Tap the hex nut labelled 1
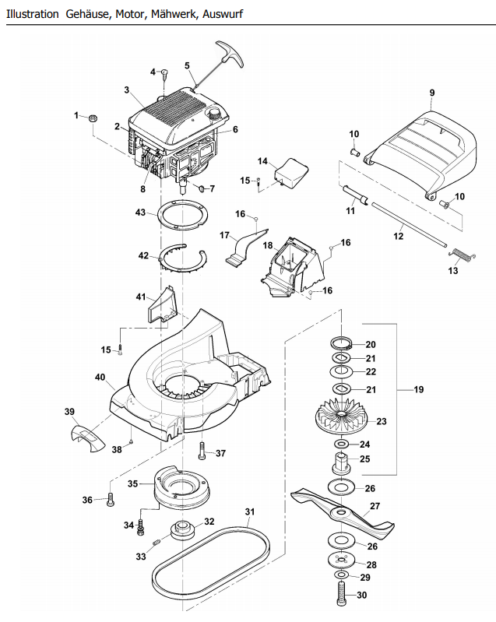[x=93, y=118]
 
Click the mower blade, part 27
[x=343, y=513]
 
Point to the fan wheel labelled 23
[x=341, y=416]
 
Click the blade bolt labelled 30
[x=341, y=594]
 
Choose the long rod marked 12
[x=409, y=224]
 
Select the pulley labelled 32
[x=182, y=530]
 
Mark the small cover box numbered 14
[x=292, y=173]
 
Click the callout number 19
[x=419, y=389]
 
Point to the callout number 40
[x=100, y=377]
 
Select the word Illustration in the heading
[x=32, y=14]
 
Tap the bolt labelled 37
[x=202, y=451]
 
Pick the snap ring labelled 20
[x=341, y=342]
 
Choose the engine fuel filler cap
[x=216, y=114]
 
